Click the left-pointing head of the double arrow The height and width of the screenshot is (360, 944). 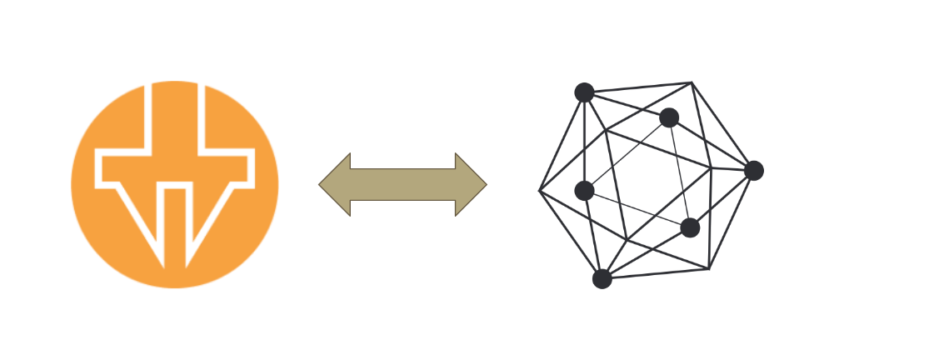coord(334,184)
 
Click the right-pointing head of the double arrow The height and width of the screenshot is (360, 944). coord(472,184)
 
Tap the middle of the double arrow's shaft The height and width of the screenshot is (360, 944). coord(402,184)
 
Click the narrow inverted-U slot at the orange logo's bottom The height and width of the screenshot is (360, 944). coord(175,225)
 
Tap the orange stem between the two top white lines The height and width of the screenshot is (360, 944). coord(174,117)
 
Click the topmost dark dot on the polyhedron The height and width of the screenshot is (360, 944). coord(584,92)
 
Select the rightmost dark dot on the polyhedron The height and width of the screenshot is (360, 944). coord(753,171)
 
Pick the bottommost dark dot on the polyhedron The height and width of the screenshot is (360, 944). coord(602,278)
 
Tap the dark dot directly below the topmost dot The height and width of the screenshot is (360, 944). coord(584,191)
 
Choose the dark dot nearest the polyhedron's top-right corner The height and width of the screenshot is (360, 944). coord(669,117)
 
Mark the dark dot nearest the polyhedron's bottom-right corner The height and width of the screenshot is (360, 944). coord(689,227)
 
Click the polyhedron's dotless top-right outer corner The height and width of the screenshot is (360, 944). coord(691,82)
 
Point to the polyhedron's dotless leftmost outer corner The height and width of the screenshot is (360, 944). coord(540,191)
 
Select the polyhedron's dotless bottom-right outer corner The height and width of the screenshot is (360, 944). coord(709,268)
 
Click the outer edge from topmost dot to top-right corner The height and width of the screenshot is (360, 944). coord(637,87)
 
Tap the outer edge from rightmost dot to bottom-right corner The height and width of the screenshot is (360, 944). coord(732,219)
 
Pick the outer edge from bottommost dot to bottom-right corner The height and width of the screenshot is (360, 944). coord(656,273)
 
